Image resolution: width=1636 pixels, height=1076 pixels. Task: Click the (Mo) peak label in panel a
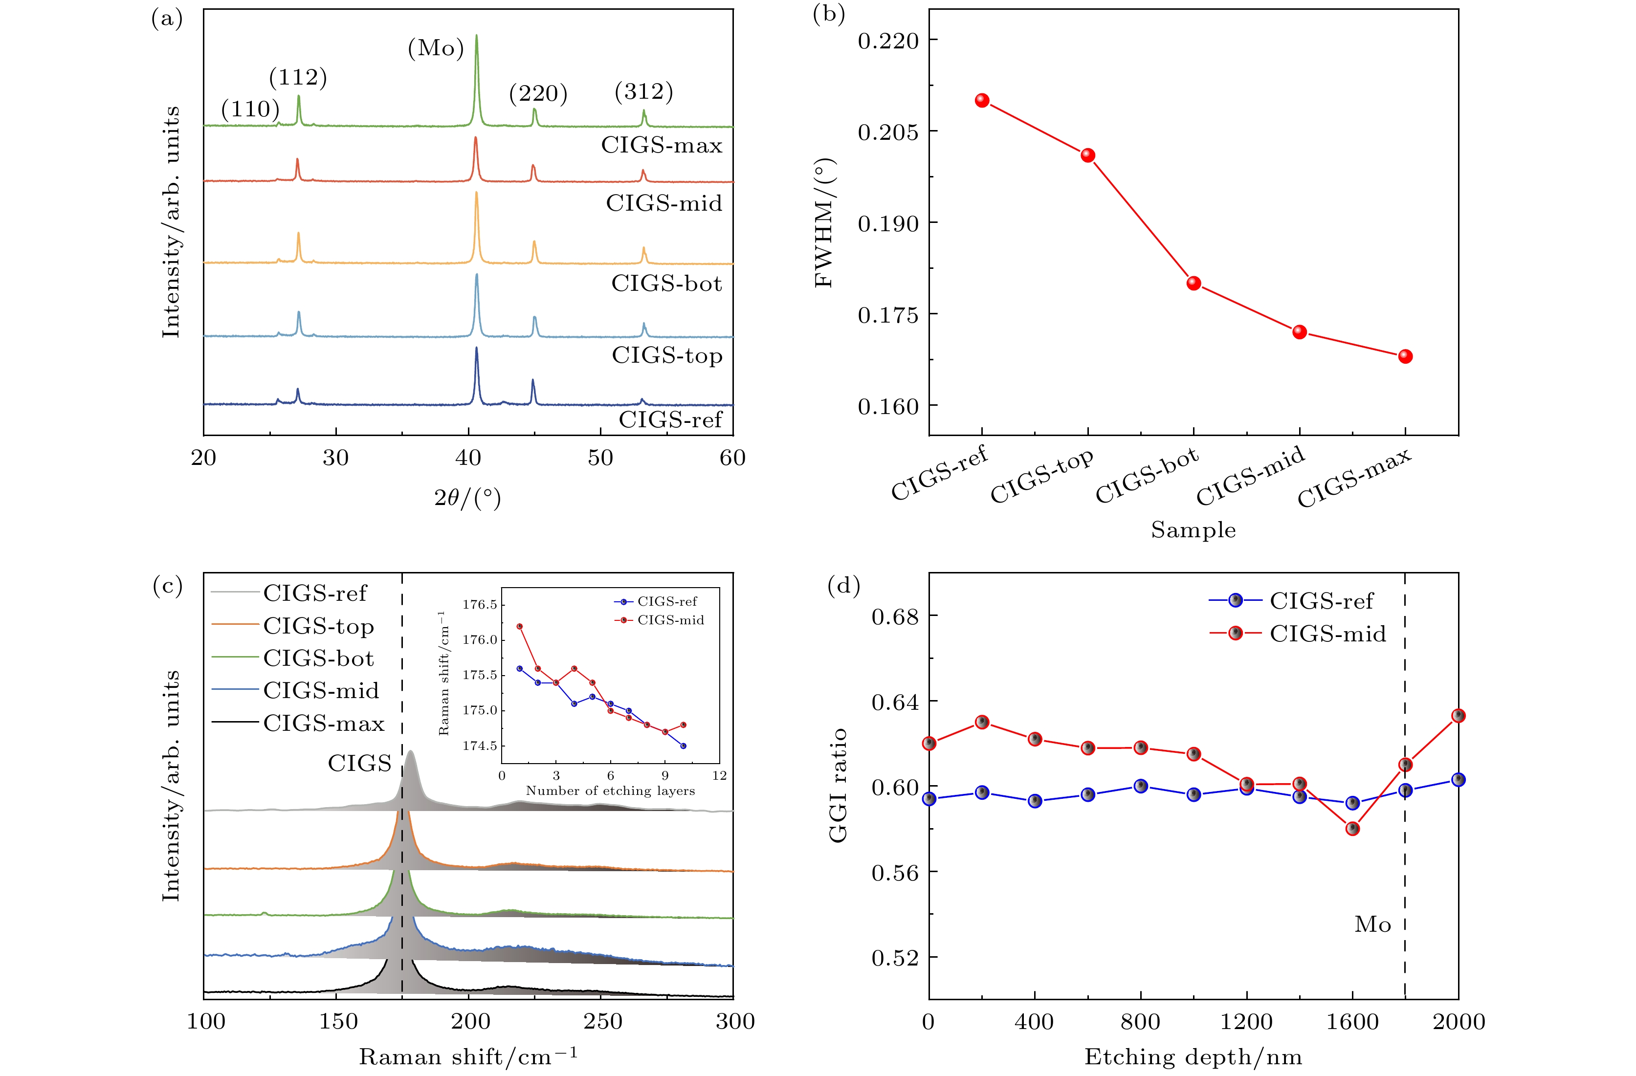pos(436,48)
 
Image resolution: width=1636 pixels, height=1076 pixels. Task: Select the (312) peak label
pos(643,91)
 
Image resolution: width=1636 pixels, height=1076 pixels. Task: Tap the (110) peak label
pos(250,109)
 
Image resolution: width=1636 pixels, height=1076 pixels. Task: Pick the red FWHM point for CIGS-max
pos(1405,356)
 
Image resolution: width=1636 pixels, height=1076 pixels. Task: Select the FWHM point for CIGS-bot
pos(1194,283)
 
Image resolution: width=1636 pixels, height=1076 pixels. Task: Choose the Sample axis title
pos(1194,530)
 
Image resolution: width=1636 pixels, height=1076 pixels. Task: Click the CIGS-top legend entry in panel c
pos(318,626)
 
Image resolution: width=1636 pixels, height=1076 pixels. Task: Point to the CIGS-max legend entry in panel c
pos(323,723)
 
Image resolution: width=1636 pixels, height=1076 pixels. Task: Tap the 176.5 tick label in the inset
pos(479,605)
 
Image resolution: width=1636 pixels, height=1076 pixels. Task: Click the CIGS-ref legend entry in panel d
pos(1321,600)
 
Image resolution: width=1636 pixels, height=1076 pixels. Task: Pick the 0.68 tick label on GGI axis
pos(894,616)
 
